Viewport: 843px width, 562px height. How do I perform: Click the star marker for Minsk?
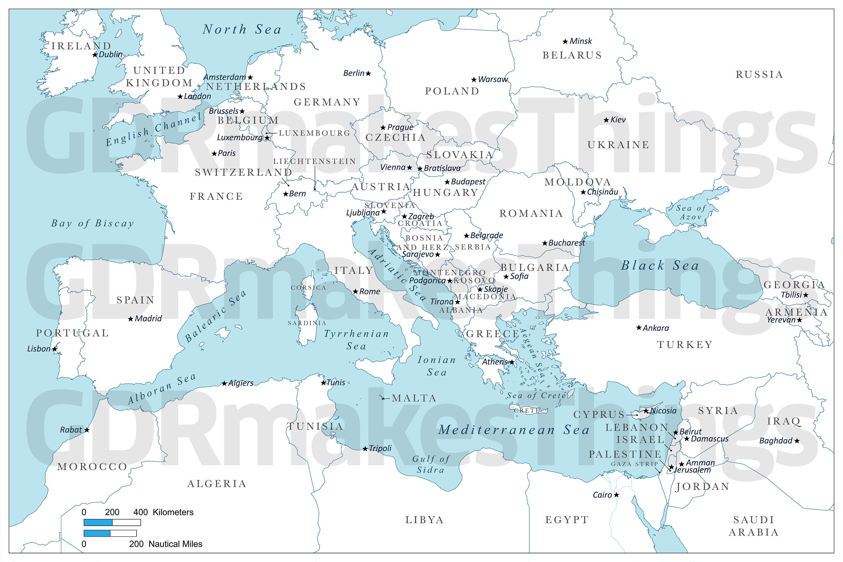(x=565, y=42)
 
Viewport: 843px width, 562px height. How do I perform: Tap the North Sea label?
(x=242, y=30)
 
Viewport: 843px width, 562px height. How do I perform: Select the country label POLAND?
(x=452, y=91)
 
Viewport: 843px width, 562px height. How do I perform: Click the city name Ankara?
(x=656, y=328)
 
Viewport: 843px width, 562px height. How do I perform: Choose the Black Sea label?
(x=660, y=266)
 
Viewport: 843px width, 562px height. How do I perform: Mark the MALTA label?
(x=414, y=398)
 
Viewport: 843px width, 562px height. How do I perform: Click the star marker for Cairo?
(x=617, y=495)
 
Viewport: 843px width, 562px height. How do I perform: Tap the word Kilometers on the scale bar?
(x=173, y=512)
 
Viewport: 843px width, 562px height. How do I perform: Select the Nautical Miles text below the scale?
(x=175, y=544)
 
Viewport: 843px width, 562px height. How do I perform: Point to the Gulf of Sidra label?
(x=430, y=464)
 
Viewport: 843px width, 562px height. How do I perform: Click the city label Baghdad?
(x=776, y=441)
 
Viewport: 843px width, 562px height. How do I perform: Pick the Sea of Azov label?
(x=691, y=212)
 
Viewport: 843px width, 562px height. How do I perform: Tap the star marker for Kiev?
(x=606, y=120)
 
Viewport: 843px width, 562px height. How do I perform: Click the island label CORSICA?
(x=308, y=287)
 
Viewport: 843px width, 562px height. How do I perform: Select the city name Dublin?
(x=111, y=55)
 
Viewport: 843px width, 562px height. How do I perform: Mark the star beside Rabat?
(x=87, y=430)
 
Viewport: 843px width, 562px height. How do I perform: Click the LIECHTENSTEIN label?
(x=314, y=161)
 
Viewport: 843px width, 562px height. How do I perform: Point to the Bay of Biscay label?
(x=92, y=223)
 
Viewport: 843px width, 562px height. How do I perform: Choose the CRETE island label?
(x=527, y=410)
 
